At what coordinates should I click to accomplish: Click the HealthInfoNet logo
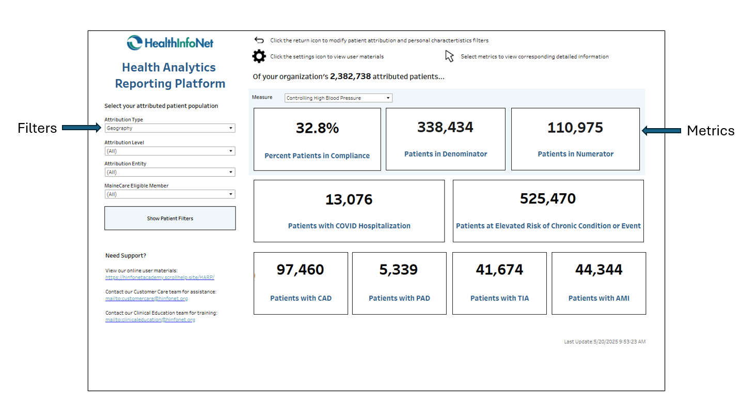[x=170, y=42]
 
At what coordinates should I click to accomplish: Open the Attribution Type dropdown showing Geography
[x=169, y=128]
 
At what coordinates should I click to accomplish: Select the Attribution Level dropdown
[x=169, y=151]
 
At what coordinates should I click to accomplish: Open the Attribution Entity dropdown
[x=169, y=172]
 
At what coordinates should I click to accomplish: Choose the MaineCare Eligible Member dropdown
[x=169, y=194]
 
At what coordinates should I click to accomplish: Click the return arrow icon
[x=259, y=40]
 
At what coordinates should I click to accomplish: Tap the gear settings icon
[x=259, y=56]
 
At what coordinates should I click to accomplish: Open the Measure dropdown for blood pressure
[x=338, y=98]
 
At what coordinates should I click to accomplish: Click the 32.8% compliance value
[x=317, y=128]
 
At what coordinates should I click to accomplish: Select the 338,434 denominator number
[x=445, y=127]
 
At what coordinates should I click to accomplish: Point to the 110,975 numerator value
[x=575, y=127]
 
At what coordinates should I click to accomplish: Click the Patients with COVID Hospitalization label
[x=349, y=226]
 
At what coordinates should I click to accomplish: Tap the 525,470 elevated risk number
[x=548, y=198]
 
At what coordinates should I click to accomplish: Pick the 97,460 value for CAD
[x=301, y=270]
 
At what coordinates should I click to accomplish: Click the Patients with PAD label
[x=399, y=298]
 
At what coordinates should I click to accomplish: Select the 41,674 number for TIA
[x=499, y=270]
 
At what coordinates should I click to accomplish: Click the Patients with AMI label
[x=598, y=298]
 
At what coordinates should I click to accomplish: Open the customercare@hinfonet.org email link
[x=147, y=299]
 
